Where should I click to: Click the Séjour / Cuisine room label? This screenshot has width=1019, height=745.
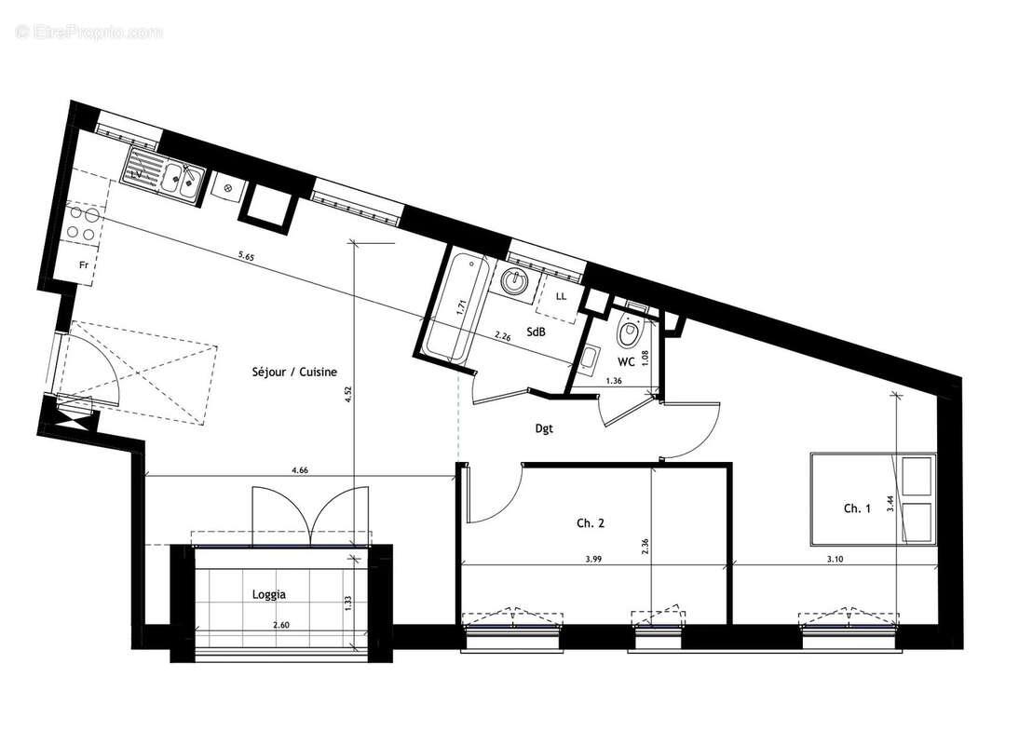pos(294,372)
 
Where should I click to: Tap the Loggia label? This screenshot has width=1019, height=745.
pos(268,593)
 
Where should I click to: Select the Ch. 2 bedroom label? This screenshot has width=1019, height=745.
pos(591,523)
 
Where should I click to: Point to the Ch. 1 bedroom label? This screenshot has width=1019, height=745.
pos(857,508)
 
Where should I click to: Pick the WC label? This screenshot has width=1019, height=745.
pos(626,361)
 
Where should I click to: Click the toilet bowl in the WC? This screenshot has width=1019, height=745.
pos(630,331)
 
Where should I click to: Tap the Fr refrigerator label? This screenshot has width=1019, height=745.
pos(83,264)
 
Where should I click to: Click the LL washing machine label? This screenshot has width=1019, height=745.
pos(561,296)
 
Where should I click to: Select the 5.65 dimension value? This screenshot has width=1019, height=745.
pos(246,254)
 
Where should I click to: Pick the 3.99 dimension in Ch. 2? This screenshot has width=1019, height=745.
pos(593,559)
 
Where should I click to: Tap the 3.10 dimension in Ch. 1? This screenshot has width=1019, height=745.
pos(836,559)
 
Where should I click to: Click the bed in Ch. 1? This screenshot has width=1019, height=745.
pos(872,498)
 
